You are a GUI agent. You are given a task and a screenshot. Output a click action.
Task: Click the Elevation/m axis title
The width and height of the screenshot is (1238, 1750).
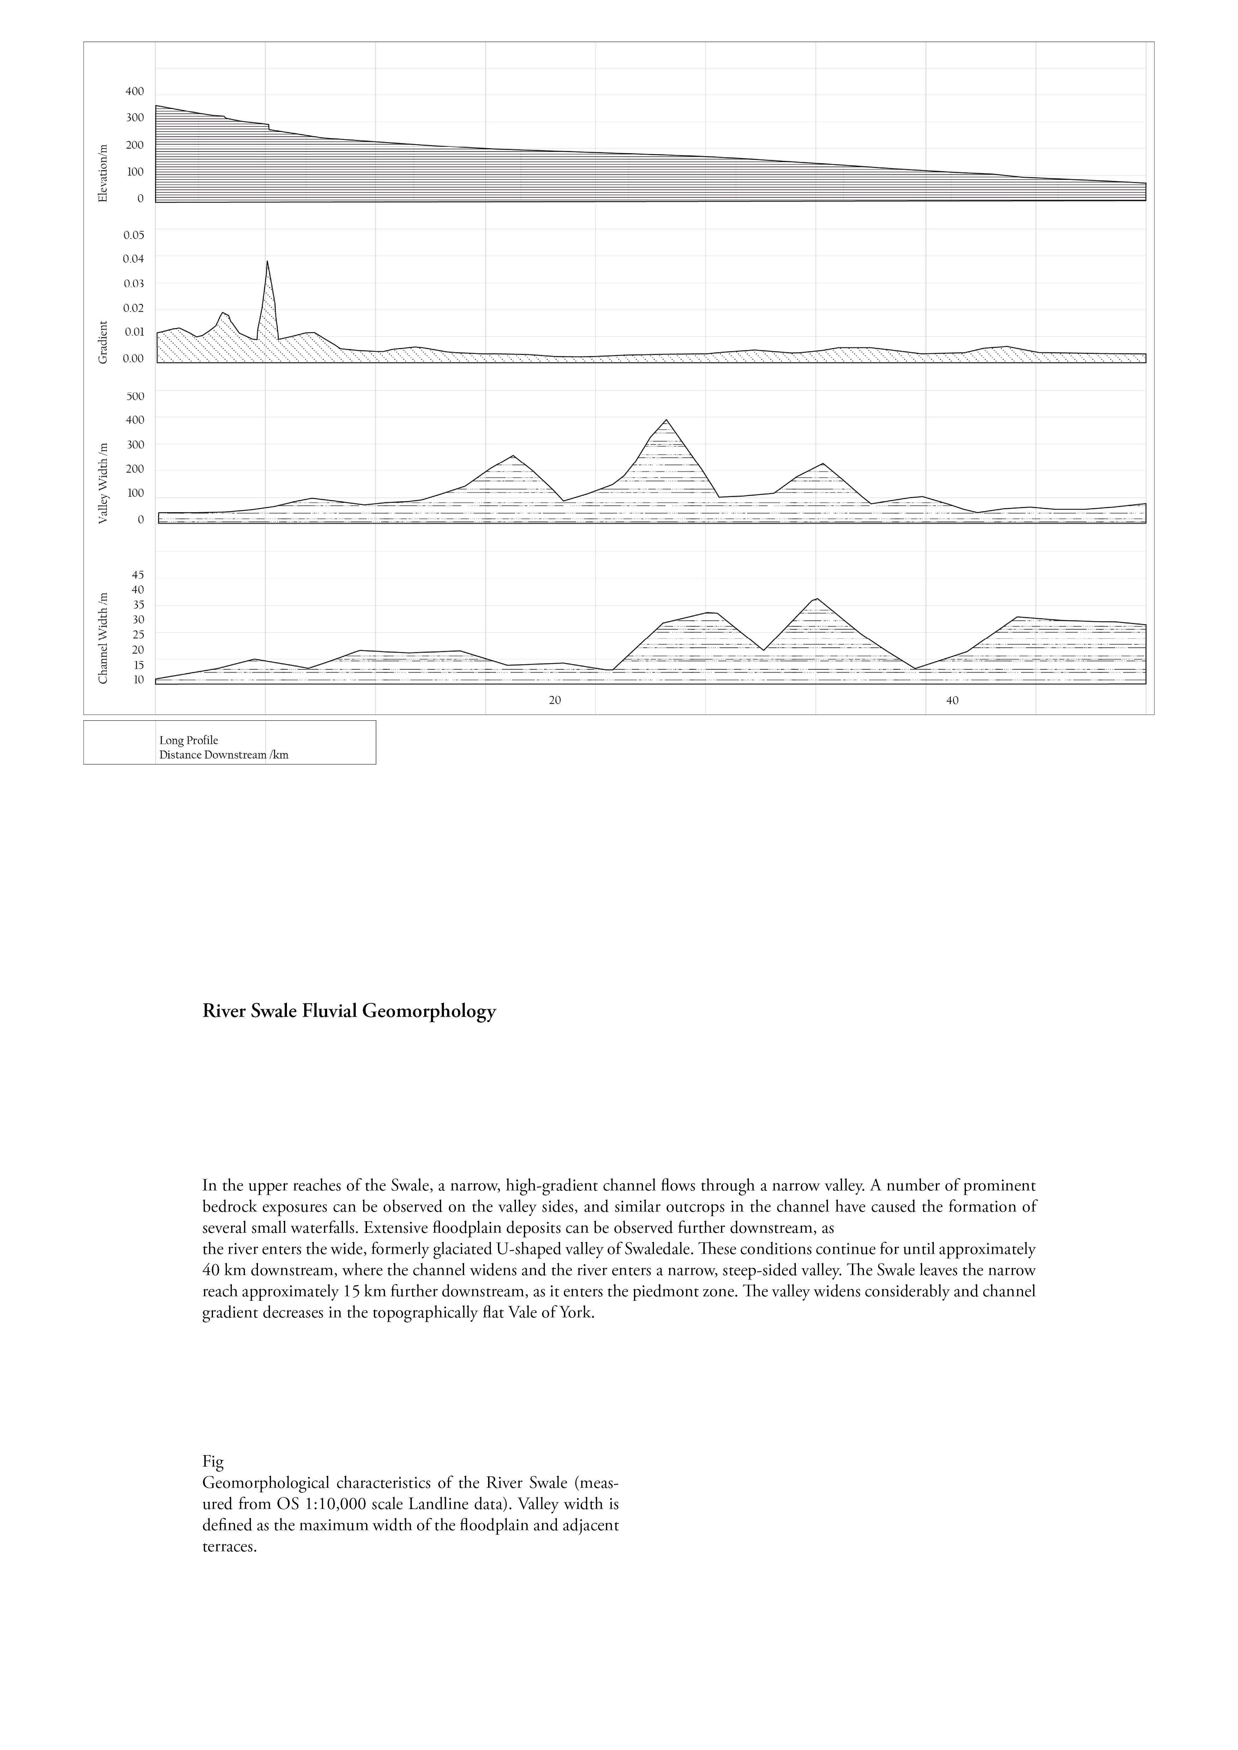(x=104, y=173)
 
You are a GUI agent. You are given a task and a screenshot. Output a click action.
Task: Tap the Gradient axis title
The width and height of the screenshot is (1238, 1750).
(x=104, y=342)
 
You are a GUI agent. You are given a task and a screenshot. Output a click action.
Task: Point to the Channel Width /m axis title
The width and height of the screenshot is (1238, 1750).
(x=104, y=638)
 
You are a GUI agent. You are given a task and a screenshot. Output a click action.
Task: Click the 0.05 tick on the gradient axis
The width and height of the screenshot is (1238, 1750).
(x=133, y=235)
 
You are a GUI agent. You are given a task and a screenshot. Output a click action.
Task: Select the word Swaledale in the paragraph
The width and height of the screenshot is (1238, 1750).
(x=650, y=1249)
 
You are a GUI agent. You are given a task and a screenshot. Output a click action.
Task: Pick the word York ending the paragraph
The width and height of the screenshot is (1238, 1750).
(x=576, y=1313)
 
